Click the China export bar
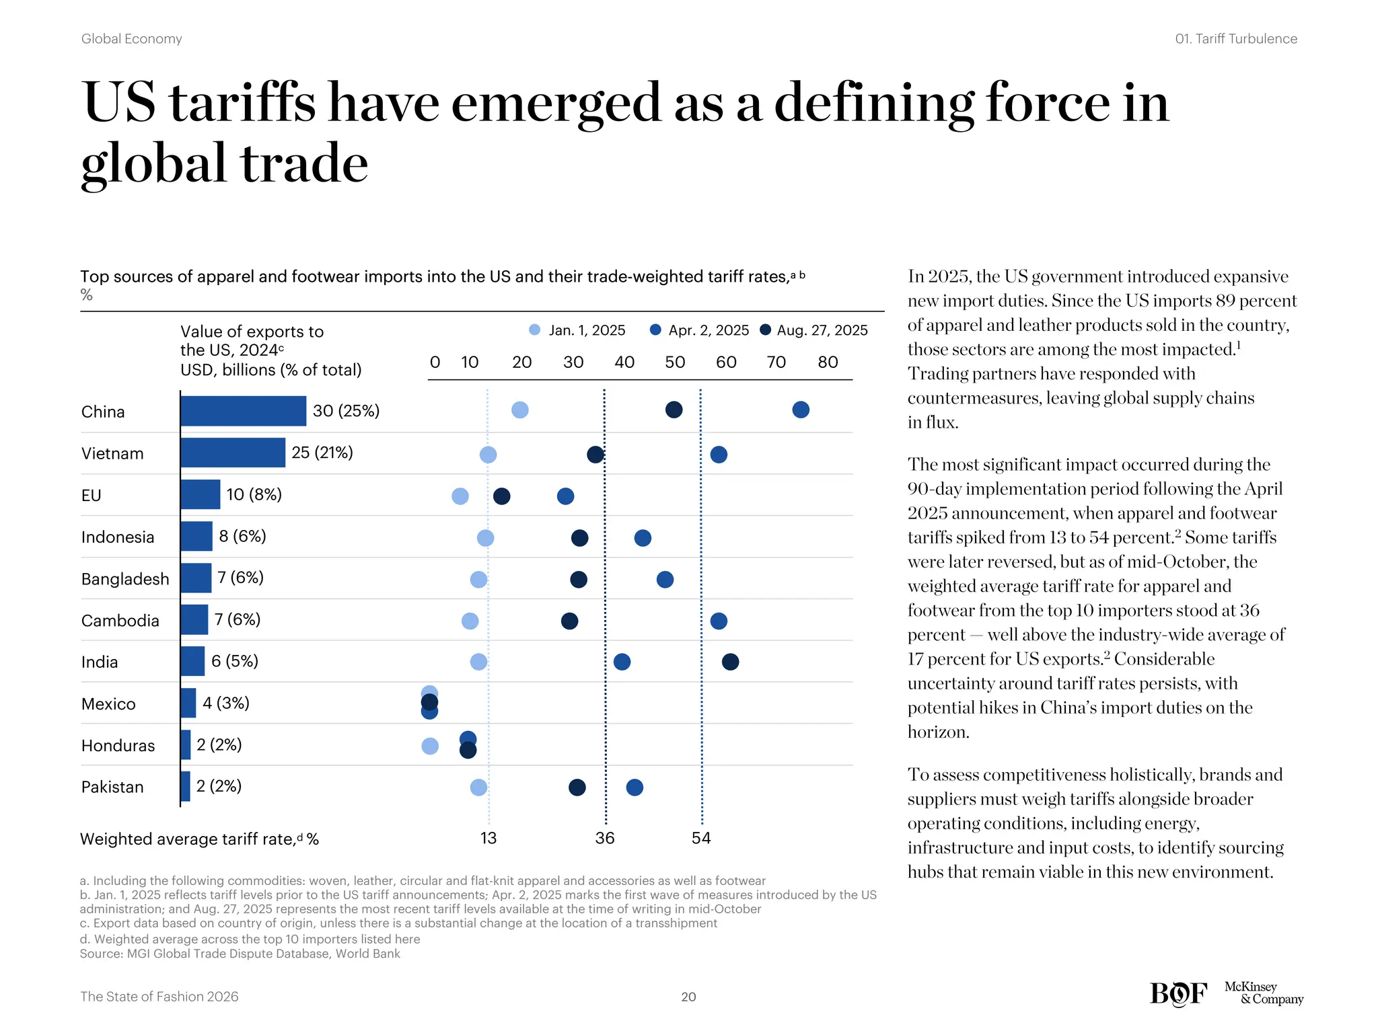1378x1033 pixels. pos(243,411)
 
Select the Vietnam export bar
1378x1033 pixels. pos(233,453)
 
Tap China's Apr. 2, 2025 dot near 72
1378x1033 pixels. pos(800,410)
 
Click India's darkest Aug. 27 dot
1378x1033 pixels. pos(730,662)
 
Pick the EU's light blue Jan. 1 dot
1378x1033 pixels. pos(460,496)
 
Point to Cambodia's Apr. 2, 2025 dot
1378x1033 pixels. pos(719,621)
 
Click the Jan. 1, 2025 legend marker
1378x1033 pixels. pos(535,330)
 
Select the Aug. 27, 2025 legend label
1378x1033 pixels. pos(822,330)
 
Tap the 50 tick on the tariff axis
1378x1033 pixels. pos(675,362)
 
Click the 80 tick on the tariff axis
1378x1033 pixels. pos(828,362)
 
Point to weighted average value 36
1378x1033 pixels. pos(605,838)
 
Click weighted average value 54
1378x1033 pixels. pos(701,838)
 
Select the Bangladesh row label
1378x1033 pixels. pos(125,579)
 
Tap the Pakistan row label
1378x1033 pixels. pos(112,787)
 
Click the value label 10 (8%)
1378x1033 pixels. pos(254,494)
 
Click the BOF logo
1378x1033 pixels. pos(1178,994)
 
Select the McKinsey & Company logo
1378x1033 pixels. pos(1263,993)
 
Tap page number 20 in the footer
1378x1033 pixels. pos(688,997)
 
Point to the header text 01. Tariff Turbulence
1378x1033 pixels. pos(1235,39)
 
